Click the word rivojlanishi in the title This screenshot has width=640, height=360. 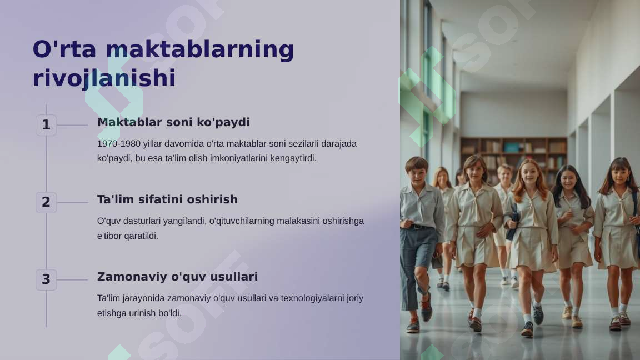click(104, 78)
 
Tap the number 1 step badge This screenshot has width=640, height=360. click(46, 126)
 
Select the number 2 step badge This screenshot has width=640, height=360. click(46, 203)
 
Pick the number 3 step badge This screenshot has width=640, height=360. click(46, 280)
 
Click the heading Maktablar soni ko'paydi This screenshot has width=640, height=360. click(173, 122)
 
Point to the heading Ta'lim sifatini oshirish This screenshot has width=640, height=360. click(167, 199)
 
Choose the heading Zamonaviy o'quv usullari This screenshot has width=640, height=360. click(177, 277)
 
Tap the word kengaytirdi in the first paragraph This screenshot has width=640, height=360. click(293, 158)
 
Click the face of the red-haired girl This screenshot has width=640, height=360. click(529, 174)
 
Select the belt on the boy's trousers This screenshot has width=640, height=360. click(420, 226)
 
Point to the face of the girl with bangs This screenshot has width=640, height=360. click(620, 176)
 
